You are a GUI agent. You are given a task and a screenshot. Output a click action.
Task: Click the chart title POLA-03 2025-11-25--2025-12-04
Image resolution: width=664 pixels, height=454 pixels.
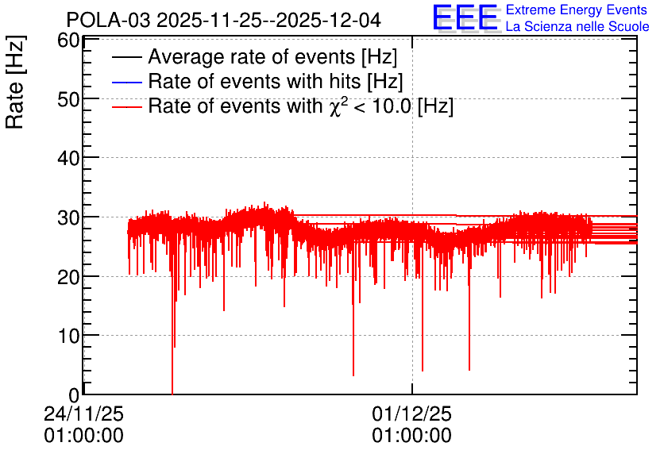(x=224, y=20)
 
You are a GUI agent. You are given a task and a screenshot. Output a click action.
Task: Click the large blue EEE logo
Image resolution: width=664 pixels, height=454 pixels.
(x=465, y=18)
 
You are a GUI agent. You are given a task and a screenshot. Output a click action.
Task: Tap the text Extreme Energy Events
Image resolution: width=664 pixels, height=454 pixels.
(x=576, y=10)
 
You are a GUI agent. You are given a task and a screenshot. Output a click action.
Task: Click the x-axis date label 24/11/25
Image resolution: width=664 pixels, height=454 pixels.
(x=83, y=414)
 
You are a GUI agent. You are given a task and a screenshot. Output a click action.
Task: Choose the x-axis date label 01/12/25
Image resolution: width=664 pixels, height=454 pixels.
(x=411, y=414)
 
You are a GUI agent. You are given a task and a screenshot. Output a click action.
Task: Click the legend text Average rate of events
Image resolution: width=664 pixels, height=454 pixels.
(x=272, y=58)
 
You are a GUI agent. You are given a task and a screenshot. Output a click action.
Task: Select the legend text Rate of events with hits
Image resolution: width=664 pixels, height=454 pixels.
(x=276, y=82)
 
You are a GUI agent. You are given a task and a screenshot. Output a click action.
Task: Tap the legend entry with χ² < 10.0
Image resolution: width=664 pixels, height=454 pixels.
(x=300, y=106)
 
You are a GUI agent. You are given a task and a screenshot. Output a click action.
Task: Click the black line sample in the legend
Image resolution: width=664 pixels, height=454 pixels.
(x=127, y=58)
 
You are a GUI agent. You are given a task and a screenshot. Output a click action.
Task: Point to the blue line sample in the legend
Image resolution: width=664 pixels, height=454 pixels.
(x=127, y=82)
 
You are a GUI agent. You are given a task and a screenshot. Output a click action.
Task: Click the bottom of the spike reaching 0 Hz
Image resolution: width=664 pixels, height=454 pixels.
(x=172, y=393)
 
